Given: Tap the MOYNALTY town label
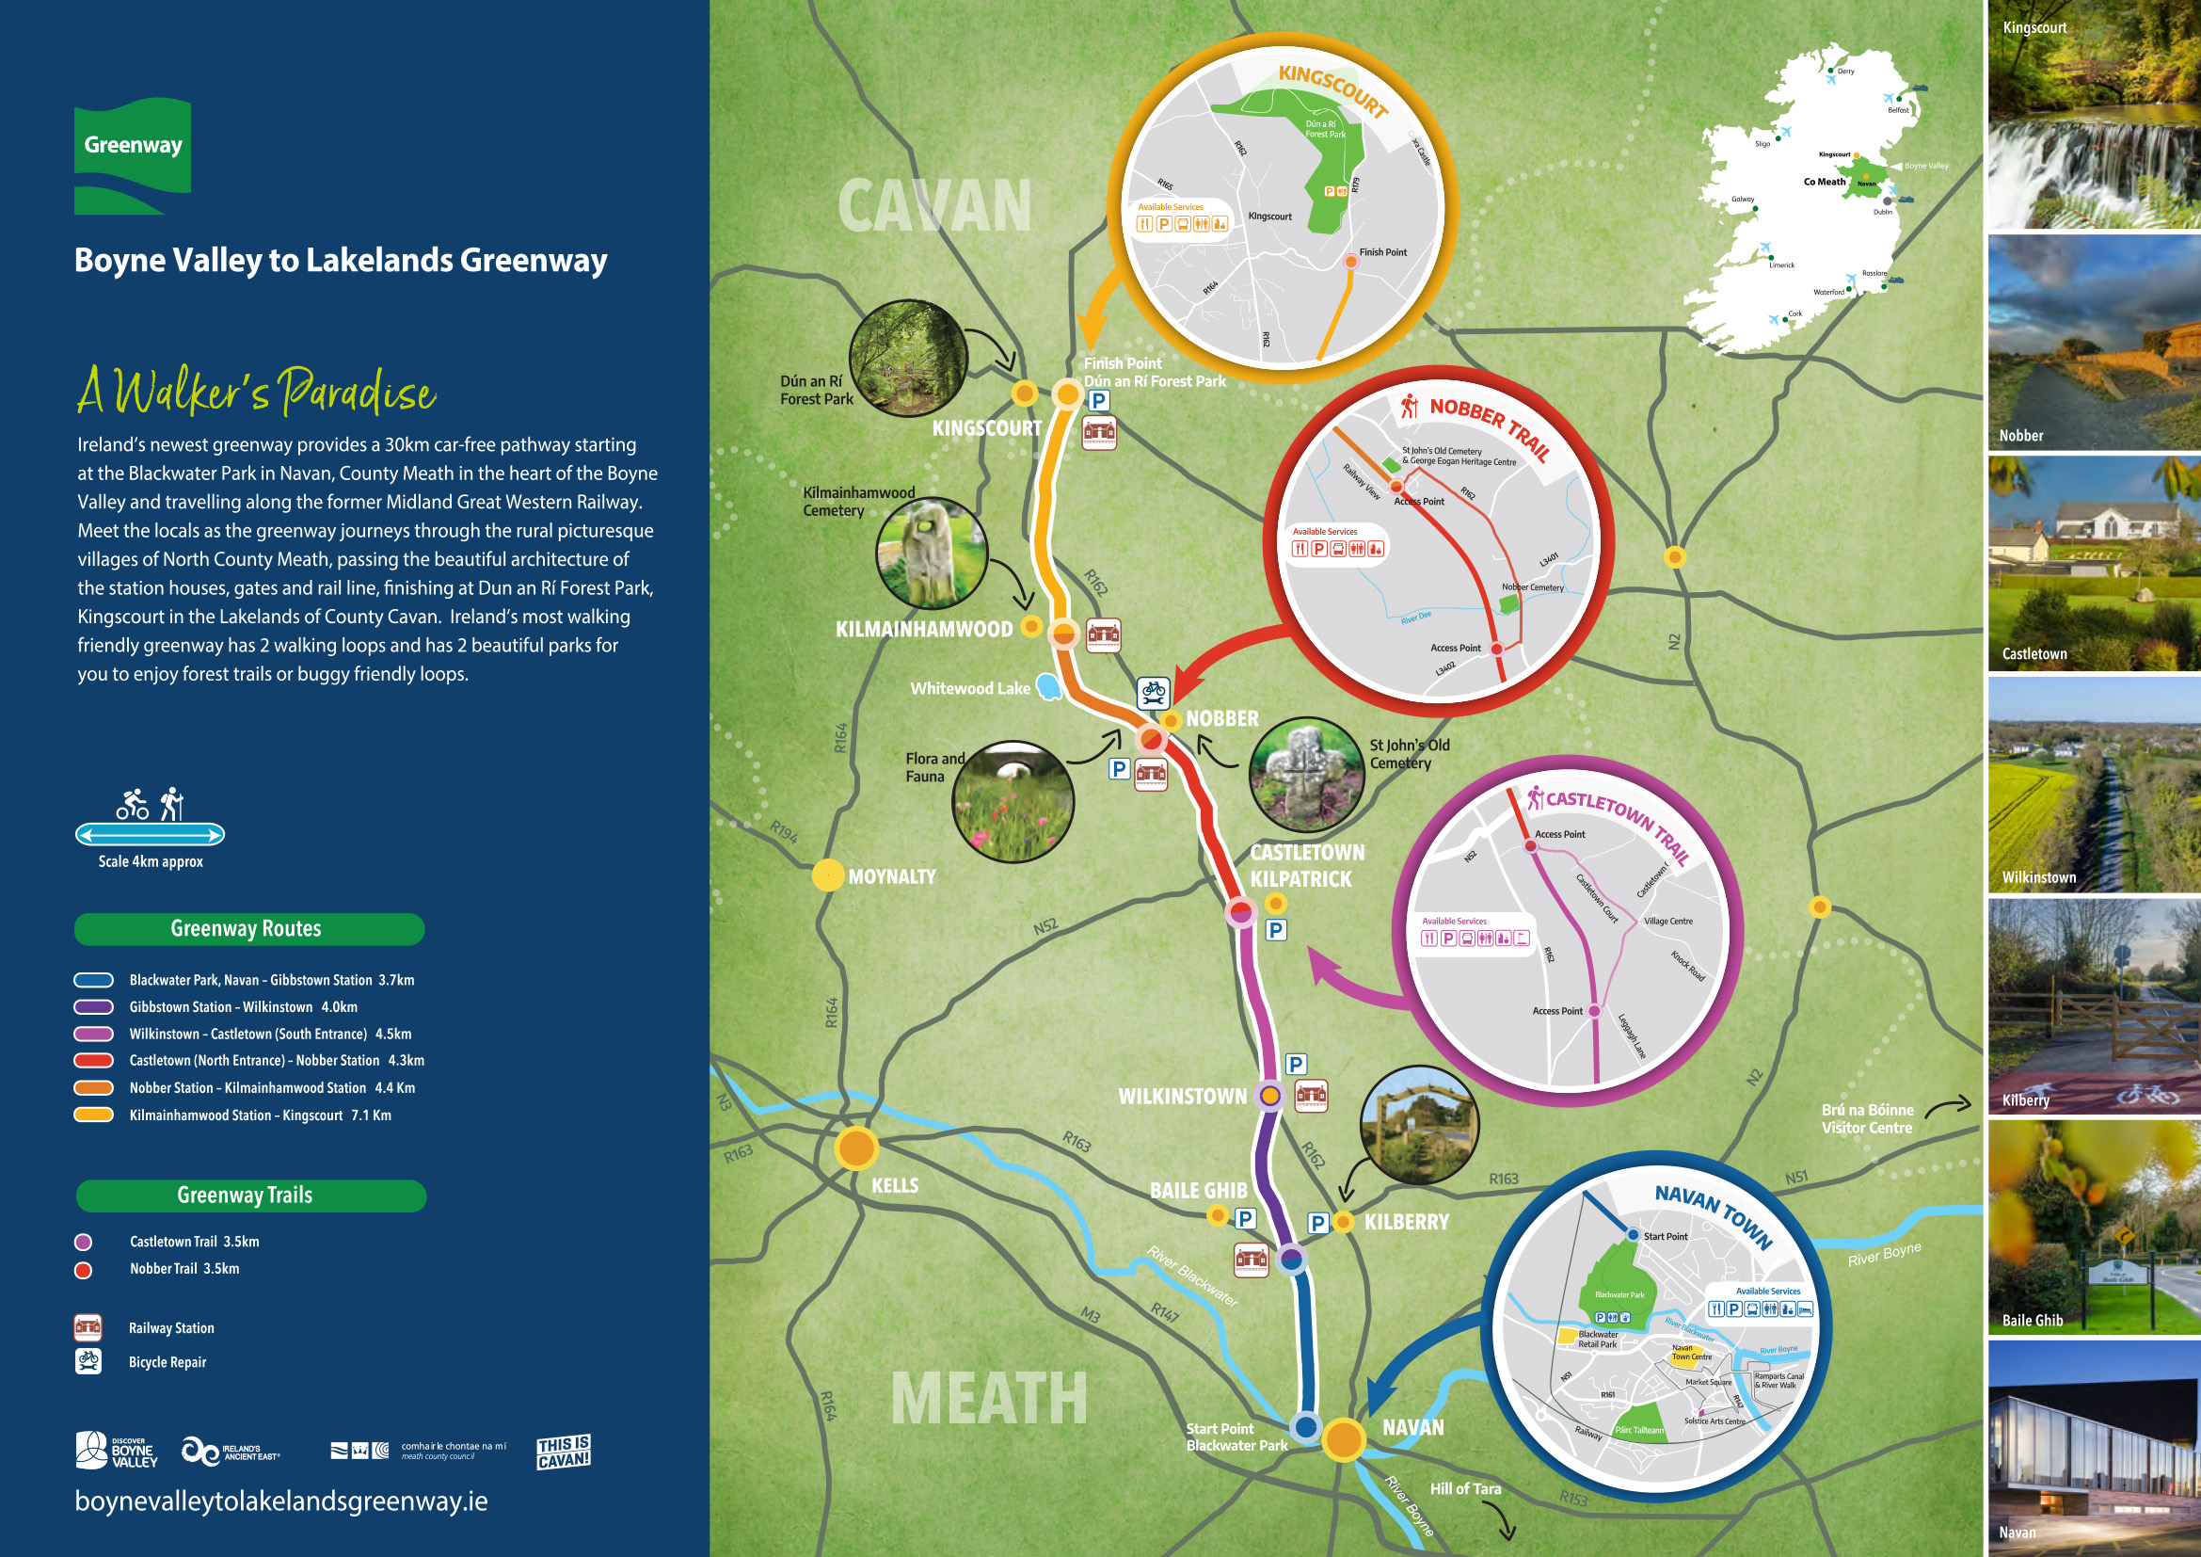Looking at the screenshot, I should point(891,876).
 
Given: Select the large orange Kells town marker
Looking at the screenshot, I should point(856,1148).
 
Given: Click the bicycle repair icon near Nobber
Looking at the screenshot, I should point(1154,691).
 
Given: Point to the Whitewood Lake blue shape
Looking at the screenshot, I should point(1050,686).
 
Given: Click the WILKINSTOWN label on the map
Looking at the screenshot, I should point(1182,1096).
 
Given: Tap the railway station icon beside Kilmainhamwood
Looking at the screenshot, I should point(1104,634).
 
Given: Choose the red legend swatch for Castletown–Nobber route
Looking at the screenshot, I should point(94,1060).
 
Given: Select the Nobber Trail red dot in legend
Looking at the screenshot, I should point(84,1269).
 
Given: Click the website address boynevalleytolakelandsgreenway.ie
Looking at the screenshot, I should point(280,1501).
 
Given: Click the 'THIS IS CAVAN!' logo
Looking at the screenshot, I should point(563,1452).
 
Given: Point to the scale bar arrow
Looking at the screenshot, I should point(150,834).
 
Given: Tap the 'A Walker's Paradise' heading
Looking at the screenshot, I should point(257,392).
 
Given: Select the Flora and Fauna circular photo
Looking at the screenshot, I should point(1013,801).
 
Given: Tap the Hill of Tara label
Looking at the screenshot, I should point(1465,1489).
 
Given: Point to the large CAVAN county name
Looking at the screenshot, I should point(933,206).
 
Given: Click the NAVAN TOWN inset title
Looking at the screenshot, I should point(1713,1213).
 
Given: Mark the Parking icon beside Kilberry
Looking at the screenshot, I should point(1318,1223).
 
